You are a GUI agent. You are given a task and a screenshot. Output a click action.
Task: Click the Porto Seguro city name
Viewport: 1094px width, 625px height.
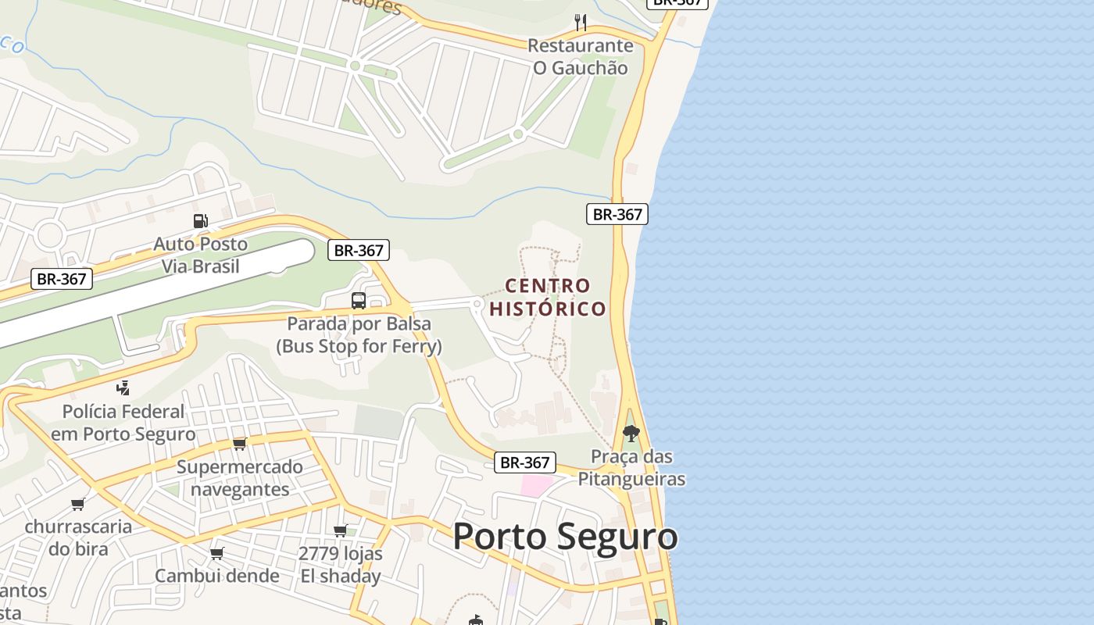(565, 537)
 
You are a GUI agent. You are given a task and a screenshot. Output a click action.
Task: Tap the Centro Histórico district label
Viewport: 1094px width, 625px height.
(548, 297)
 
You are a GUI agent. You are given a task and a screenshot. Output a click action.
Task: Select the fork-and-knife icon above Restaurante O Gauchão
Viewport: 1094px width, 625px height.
(580, 22)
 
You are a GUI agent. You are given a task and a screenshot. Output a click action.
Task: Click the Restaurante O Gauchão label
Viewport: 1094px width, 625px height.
(580, 56)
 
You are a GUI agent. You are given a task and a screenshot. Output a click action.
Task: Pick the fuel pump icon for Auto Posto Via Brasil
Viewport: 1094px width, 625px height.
(200, 221)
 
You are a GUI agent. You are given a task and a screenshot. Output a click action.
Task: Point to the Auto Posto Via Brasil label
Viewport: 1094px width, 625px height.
(200, 255)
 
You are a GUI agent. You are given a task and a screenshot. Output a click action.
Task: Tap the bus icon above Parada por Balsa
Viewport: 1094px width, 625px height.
(359, 301)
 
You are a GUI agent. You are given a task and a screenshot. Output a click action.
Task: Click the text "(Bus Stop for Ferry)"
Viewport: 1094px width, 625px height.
(359, 345)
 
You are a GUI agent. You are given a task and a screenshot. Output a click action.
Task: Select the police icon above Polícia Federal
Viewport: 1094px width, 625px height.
(123, 387)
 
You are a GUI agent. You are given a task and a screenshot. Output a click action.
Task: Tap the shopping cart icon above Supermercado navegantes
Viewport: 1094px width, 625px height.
(239, 444)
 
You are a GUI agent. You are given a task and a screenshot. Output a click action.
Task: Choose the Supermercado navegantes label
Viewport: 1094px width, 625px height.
(239, 478)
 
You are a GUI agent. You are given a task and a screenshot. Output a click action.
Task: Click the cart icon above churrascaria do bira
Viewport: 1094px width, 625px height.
(77, 504)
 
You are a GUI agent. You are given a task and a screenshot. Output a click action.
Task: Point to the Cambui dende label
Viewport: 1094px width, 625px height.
(216, 576)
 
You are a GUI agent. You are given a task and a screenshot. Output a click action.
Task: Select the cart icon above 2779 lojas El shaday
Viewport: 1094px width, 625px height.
(341, 531)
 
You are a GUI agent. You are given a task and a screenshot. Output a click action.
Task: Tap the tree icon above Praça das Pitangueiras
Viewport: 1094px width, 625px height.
(631, 433)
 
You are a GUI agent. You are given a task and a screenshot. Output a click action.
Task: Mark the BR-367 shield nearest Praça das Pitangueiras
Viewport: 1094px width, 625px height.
(526, 462)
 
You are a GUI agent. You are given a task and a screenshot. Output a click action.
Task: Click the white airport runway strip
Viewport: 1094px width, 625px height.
(156, 289)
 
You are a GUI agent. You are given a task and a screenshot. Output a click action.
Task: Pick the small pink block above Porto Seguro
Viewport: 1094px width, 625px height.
(537, 485)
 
